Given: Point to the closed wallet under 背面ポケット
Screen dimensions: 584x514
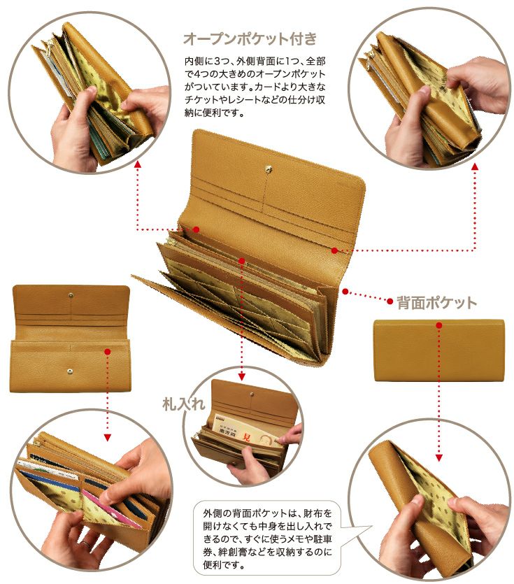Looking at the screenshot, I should (x=439, y=350).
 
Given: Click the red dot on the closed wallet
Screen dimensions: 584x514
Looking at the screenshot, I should (x=439, y=325).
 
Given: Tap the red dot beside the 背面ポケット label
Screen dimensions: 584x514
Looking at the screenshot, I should (x=390, y=301).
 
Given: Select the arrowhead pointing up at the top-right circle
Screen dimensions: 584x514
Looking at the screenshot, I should (x=475, y=166).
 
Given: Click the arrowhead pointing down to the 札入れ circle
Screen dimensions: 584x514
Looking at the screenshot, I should (x=241, y=376).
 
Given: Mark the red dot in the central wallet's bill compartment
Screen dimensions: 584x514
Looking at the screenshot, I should (x=241, y=261).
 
